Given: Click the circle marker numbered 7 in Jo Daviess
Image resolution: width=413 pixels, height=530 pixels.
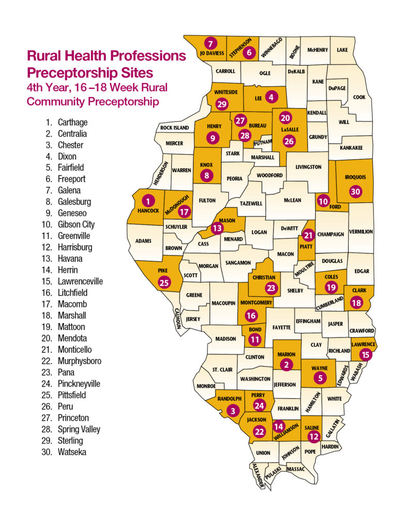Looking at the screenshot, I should click(210, 43).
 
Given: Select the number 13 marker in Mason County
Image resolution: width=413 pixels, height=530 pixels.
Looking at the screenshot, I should click(217, 228).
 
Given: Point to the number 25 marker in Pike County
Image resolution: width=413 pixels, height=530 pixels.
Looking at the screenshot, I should click(164, 283).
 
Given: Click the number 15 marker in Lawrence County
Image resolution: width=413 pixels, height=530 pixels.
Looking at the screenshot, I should click(366, 355).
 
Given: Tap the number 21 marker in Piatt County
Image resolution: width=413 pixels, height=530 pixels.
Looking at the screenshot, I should click(309, 235).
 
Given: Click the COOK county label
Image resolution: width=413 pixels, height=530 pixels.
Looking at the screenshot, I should click(359, 97).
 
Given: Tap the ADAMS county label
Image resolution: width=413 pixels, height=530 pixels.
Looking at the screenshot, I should click(143, 241).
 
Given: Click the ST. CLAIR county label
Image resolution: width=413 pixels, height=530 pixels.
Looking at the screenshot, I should click(222, 370).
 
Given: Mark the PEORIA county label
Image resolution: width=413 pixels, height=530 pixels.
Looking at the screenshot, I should click(234, 179).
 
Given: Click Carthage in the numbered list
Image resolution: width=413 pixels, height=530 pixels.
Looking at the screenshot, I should click(72, 123).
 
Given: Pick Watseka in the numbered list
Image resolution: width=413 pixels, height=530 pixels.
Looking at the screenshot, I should click(72, 452).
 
